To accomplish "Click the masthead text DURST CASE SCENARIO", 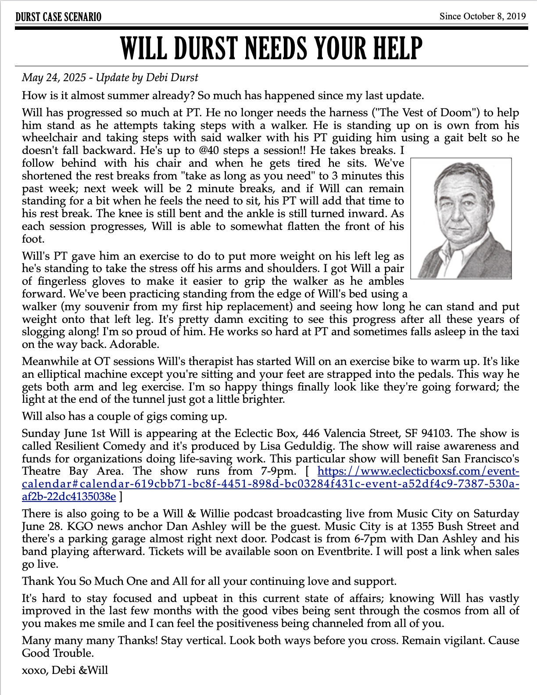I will pos(58,17).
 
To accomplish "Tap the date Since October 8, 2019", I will pos(483,17).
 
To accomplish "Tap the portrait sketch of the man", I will pos(461,219).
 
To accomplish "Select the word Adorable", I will pos(134,344).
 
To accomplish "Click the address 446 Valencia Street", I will pos(350,433).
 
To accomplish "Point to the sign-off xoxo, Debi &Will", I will pos(65,670).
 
